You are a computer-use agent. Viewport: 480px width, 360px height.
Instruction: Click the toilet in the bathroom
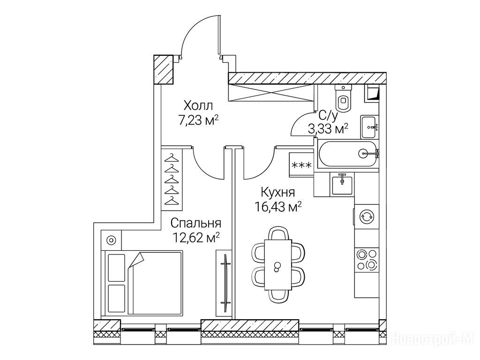click(x=343, y=97)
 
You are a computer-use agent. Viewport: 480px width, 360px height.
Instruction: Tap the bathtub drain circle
click(x=363, y=152)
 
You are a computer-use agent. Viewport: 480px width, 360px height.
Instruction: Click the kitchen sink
click(x=342, y=183)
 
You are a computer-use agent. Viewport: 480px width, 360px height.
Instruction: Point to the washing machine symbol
click(x=367, y=217)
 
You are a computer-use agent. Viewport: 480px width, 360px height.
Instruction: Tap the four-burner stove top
click(x=367, y=259)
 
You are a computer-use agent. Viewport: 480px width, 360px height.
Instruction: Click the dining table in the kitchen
click(x=277, y=265)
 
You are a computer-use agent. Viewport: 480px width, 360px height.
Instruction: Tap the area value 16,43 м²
click(x=278, y=207)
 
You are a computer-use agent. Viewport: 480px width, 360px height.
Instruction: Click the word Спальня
click(x=195, y=223)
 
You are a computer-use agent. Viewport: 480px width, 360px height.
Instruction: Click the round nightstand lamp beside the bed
click(x=112, y=240)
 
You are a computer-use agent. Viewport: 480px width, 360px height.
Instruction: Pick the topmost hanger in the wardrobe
click(x=172, y=158)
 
